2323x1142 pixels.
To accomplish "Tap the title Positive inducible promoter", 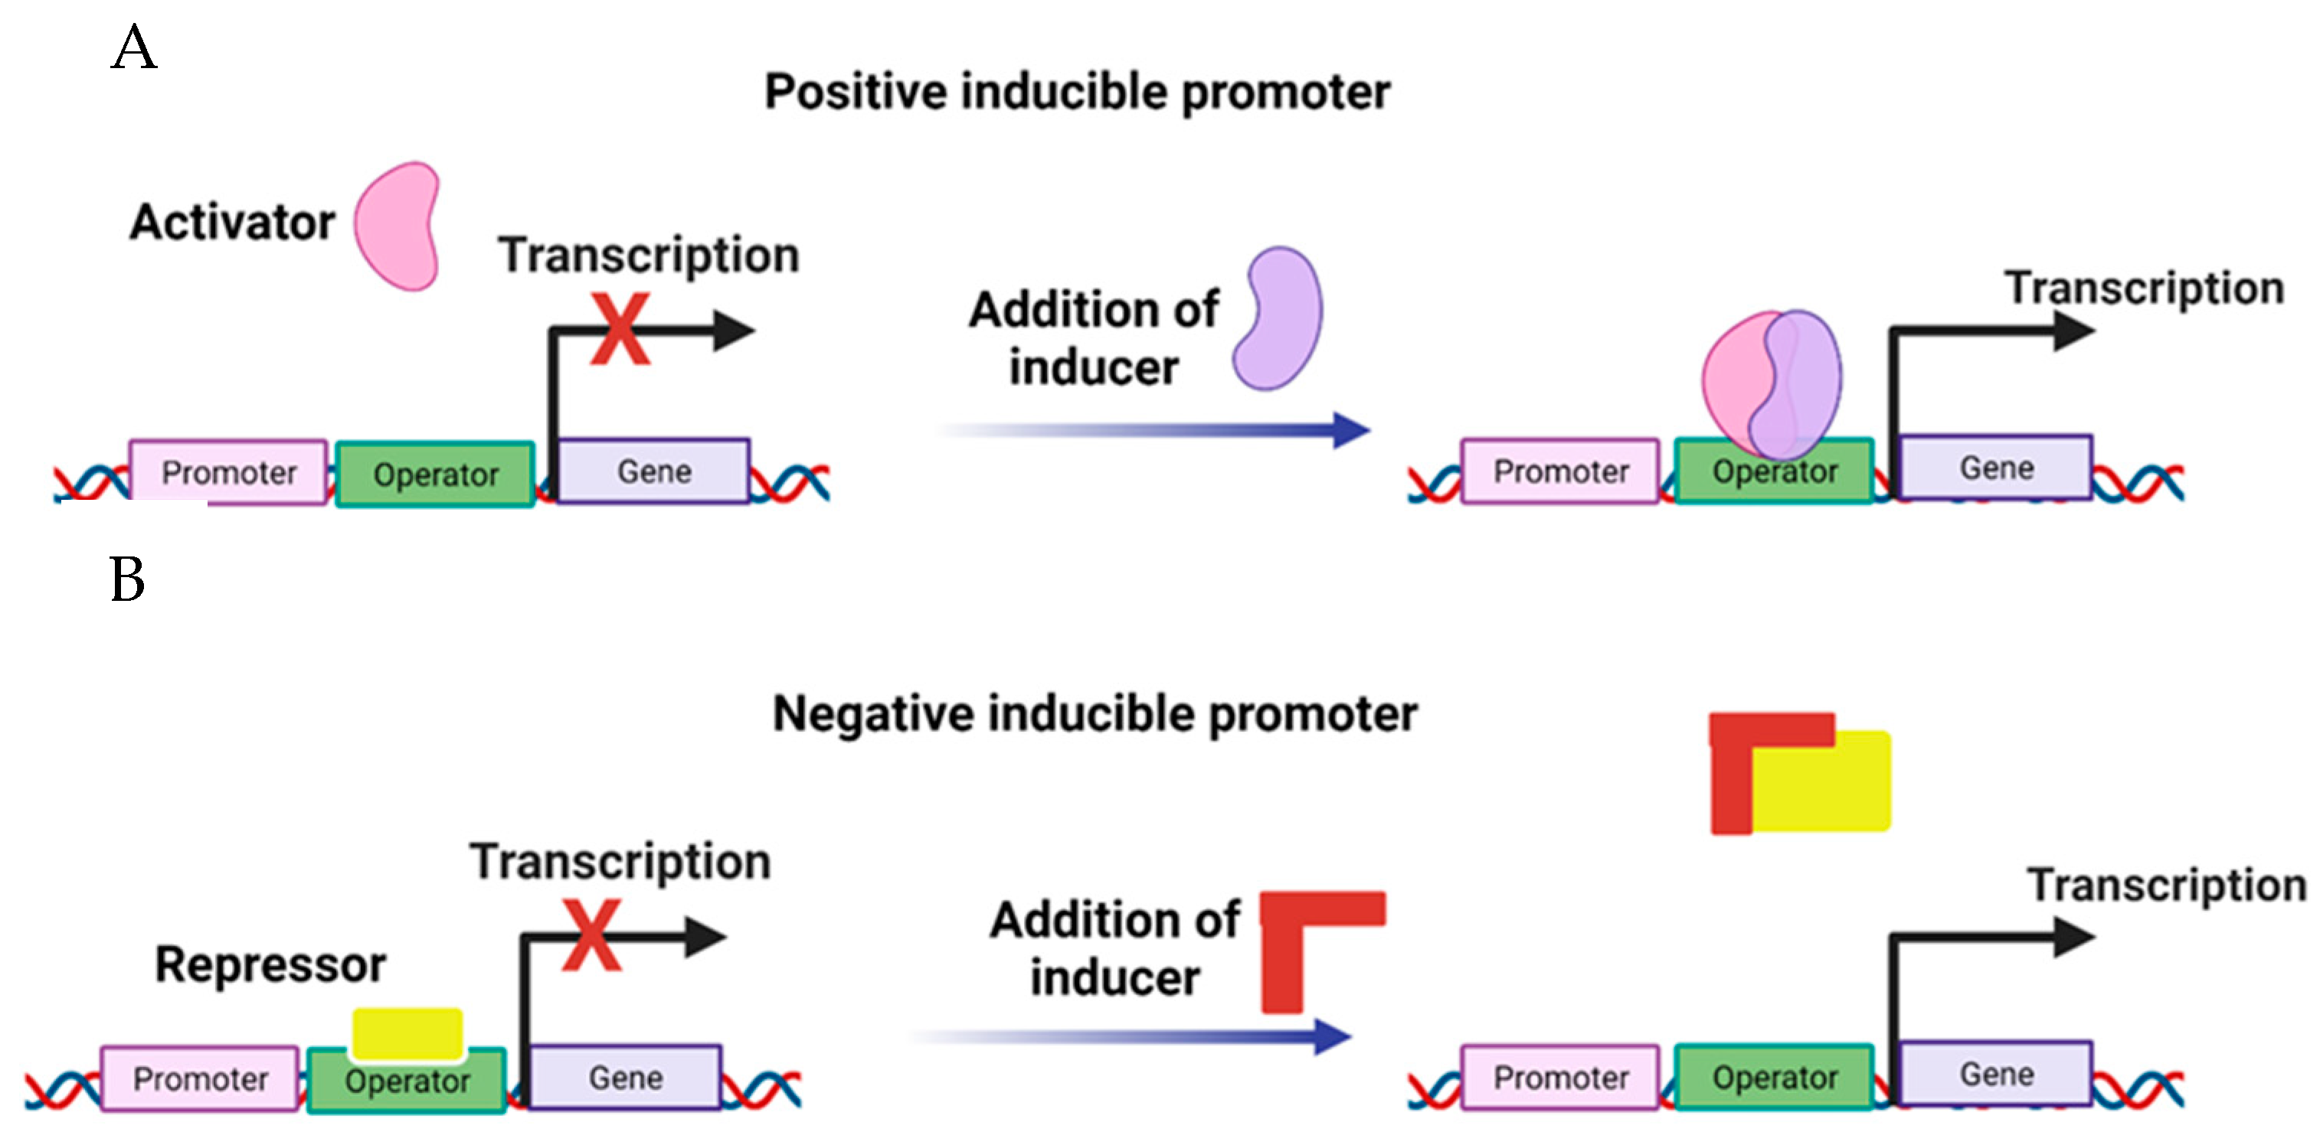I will (1077, 92).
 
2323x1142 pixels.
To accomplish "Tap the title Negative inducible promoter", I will (1094, 714).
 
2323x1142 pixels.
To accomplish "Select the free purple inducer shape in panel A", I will (1279, 319).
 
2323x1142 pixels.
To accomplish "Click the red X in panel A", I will (620, 329).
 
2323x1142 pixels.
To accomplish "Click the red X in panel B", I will (591, 935).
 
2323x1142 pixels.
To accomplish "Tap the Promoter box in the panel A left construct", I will (228, 472).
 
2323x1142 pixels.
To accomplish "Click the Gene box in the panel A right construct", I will (1996, 468).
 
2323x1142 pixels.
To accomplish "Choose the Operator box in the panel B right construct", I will (1774, 1077).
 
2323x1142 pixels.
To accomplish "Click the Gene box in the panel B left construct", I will (625, 1077).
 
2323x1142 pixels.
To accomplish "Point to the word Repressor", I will (270, 964).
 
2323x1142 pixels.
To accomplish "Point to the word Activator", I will (233, 222).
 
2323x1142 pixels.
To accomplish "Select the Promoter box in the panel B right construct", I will (1560, 1077).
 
